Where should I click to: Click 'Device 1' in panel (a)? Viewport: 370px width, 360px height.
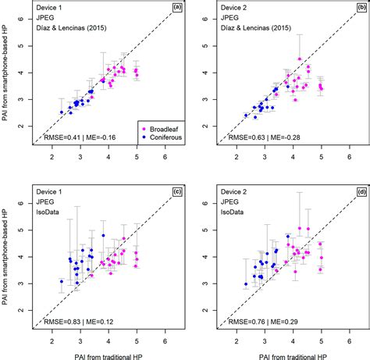52,10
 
